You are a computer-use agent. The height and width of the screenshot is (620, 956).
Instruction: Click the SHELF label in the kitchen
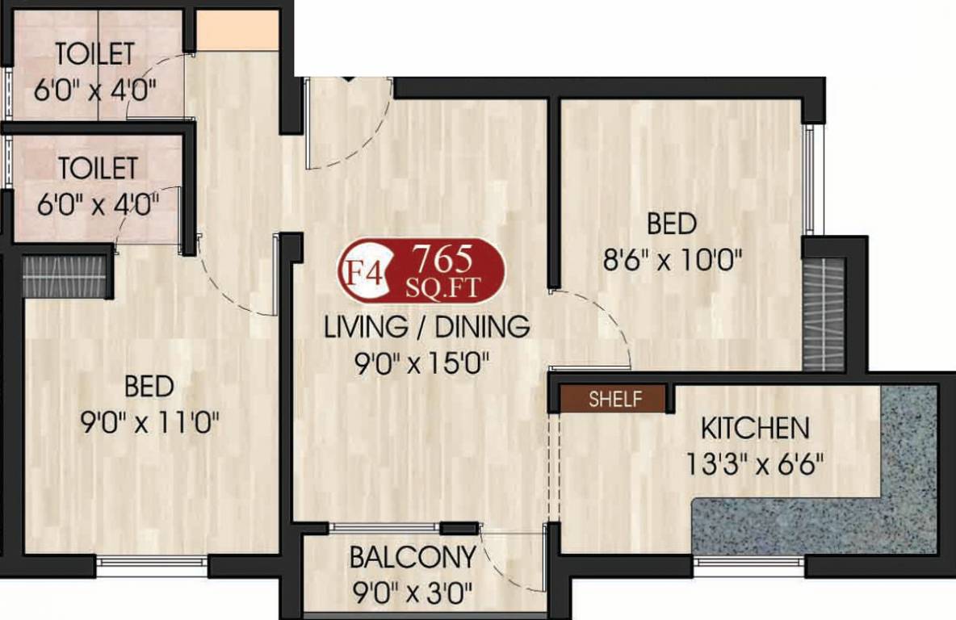pos(615,398)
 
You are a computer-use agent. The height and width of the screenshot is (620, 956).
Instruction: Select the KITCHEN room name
pos(754,427)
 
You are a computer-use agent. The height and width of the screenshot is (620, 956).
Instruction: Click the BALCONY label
pos(412,557)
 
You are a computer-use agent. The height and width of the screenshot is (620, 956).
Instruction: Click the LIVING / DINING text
pos(426,327)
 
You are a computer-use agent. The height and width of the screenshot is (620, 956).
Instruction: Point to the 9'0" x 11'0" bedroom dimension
pos(149,422)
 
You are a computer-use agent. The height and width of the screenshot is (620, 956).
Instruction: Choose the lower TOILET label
pos(98,168)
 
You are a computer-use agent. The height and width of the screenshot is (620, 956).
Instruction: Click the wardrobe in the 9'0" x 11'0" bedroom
pos(65,275)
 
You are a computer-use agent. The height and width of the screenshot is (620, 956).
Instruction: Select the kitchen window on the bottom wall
pos(748,560)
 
